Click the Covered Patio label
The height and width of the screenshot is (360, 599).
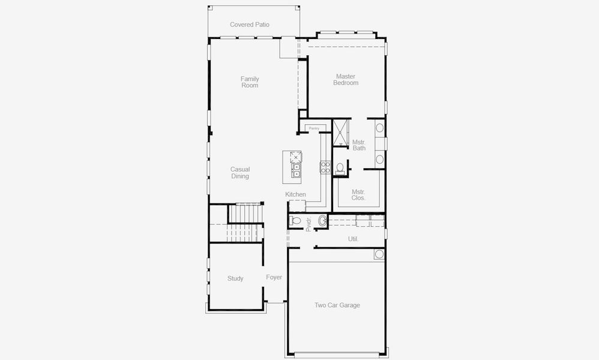tap(249, 25)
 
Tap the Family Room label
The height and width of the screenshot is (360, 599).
tap(250, 82)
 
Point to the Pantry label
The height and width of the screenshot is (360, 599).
tap(313, 128)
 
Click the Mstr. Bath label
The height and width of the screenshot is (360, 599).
tap(359, 145)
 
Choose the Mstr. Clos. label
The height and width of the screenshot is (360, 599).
tap(358, 194)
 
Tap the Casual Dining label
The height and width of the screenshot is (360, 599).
tap(240, 173)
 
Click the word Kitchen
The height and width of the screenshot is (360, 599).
tap(295, 194)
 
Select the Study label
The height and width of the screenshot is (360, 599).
tap(235, 278)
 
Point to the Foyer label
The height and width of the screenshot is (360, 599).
tap(274, 277)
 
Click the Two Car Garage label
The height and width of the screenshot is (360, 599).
tap(337, 305)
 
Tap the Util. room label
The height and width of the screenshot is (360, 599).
tap(353, 239)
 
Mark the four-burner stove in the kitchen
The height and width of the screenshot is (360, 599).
tap(325, 167)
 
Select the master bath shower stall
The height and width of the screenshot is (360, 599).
tap(340, 133)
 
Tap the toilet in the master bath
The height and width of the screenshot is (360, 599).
tap(340, 169)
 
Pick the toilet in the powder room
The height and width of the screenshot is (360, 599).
tap(295, 221)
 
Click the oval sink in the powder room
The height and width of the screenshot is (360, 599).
tap(322, 221)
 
